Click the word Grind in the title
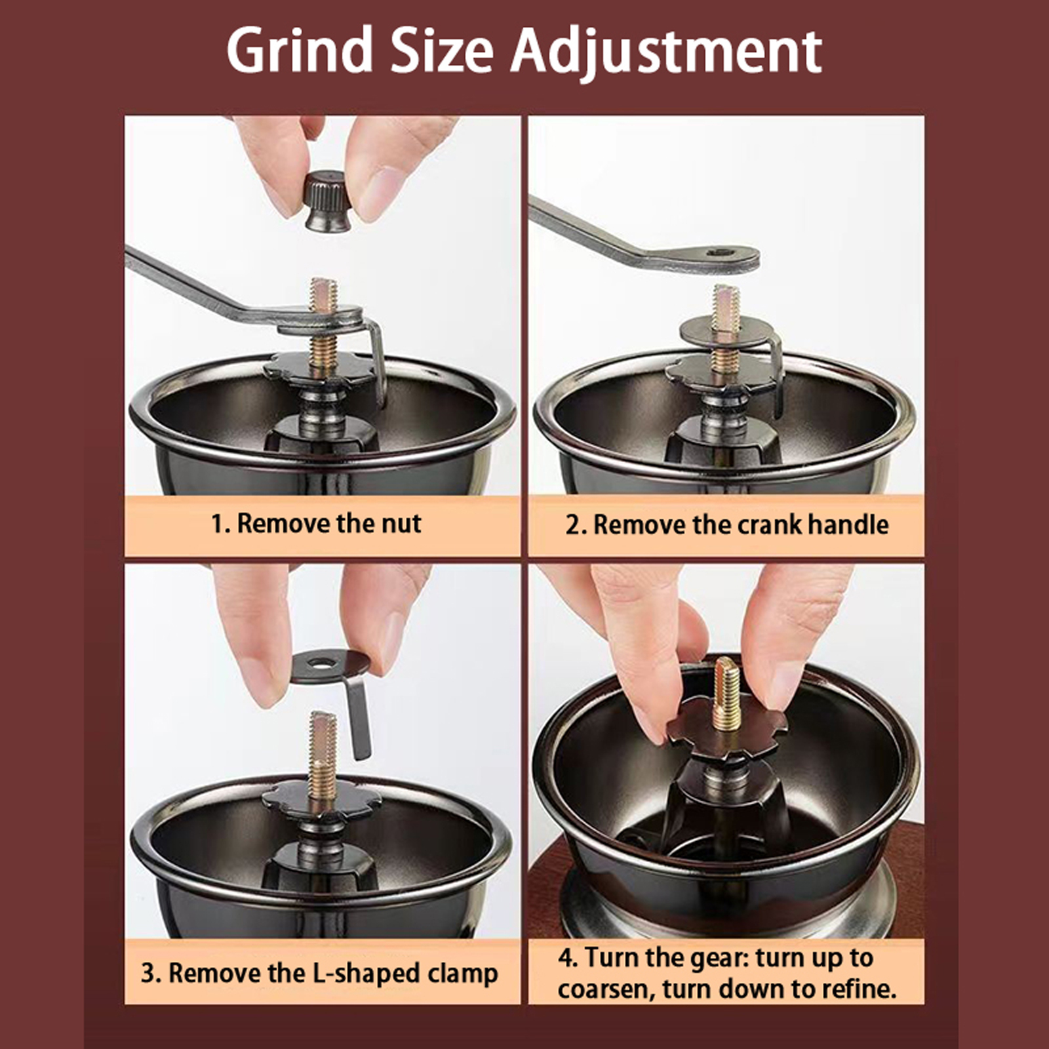[x=299, y=50]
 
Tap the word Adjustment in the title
[x=666, y=50]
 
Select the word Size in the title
[x=441, y=50]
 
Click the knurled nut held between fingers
[x=328, y=201]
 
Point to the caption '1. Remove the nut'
[x=316, y=524]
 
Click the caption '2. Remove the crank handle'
[x=726, y=524]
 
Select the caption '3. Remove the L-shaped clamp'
[x=319, y=973]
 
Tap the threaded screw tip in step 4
[x=726, y=694]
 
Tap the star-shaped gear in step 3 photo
[x=322, y=799]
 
